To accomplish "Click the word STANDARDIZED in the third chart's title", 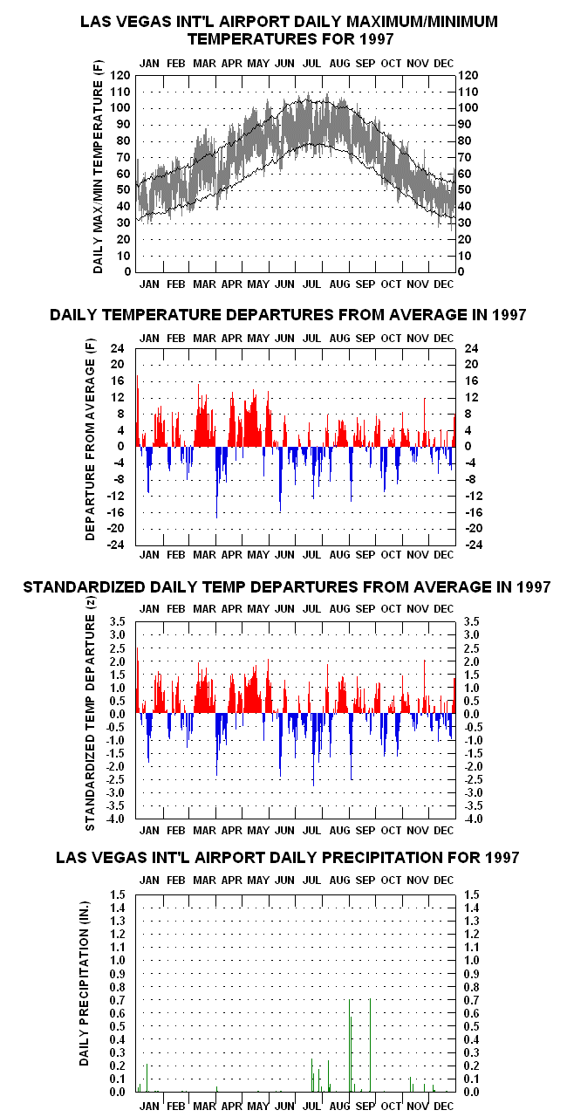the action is point(85,587).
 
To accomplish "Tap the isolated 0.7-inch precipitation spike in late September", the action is point(370,1045).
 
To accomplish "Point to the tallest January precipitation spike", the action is point(147,1078).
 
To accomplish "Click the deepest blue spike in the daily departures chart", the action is point(216,483).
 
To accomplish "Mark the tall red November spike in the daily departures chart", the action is point(425,422).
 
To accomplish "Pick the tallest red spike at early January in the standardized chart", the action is point(138,680).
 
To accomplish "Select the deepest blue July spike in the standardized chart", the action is point(313,750).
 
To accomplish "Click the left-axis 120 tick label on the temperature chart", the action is point(120,75).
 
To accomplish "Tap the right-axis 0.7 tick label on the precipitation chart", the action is point(471,1000).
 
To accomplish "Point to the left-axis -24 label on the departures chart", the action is point(115,545).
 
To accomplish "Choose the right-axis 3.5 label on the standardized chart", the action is point(471,621).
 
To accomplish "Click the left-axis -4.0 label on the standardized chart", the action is point(115,819).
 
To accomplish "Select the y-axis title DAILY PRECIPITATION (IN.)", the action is point(85,983).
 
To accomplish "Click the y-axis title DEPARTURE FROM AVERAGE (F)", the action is point(90,439).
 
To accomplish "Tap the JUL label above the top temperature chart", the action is point(312,64).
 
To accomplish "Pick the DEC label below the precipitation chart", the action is point(443,1106).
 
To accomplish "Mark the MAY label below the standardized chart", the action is point(258,830).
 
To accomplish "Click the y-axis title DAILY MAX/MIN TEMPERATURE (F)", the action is point(99,167).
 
